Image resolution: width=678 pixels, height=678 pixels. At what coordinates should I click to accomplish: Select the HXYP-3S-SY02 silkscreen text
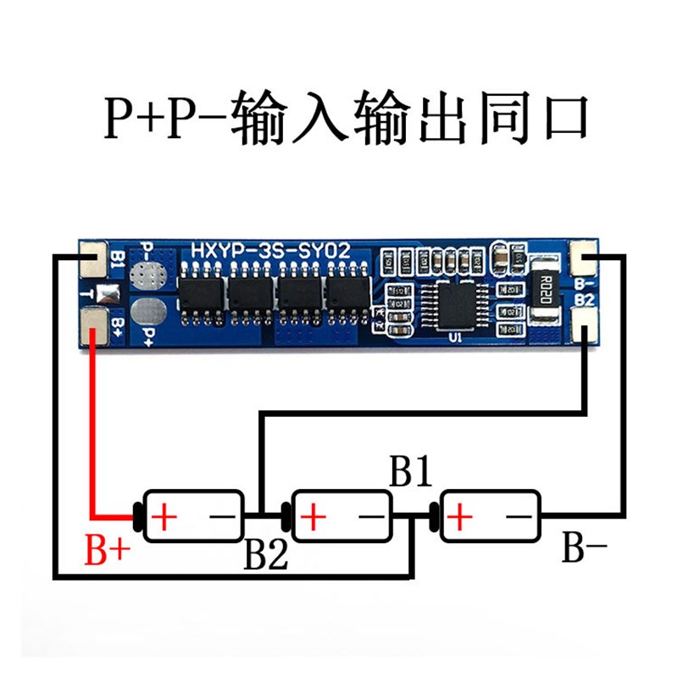pos(269,252)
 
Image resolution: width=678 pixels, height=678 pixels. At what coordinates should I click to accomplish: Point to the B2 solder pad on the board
pos(585,325)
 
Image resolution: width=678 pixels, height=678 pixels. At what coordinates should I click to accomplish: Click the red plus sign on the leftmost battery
pos(163,515)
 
